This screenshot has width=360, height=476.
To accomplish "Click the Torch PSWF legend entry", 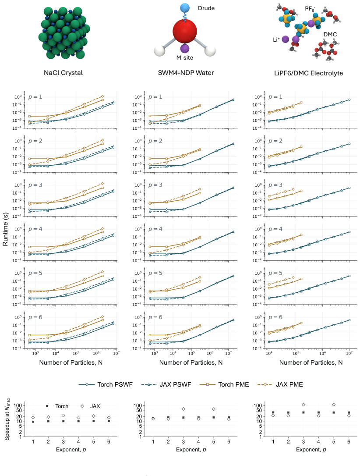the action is tap(106, 384).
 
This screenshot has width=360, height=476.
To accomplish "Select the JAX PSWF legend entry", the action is tap(166, 384).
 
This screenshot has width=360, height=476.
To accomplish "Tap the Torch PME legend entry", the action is tap(224, 384).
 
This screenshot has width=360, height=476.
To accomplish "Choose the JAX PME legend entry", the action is tap(280, 384).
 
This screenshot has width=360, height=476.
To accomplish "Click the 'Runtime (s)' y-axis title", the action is tap(5, 229).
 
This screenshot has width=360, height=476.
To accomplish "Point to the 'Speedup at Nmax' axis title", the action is tap(7, 419).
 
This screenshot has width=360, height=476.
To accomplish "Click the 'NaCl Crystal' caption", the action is tap(63, 73).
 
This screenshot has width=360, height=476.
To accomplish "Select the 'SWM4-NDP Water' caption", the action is tap(186, 73).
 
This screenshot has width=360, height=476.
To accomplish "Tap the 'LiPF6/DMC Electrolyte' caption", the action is tap(308, 73).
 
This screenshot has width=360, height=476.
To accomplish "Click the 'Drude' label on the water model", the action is tap(206, 8).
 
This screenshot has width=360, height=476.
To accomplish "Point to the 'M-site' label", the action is tap(185, 58).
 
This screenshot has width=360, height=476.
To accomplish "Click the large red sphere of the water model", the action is tap(185, 31).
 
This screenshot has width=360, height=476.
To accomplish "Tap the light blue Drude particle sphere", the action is tap(185, 8).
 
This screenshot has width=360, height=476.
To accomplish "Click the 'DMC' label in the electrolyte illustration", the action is tap(330, 34).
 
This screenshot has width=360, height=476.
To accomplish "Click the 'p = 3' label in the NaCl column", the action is tap(35, 185).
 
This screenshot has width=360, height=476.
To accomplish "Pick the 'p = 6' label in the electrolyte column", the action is tap(275, 317).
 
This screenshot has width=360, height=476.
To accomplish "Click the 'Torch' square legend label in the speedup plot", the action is tap(62, 406).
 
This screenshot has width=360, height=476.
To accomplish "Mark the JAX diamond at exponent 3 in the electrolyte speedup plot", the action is tap(304, 405).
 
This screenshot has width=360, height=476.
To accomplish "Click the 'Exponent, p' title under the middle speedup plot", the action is tap(191, 450).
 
